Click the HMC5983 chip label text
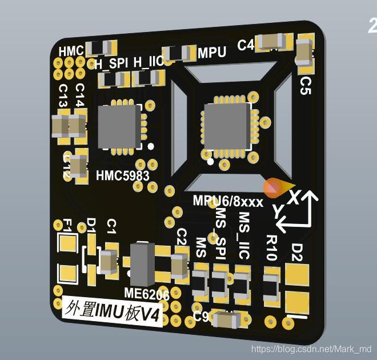pyautogui.click(x=122, y=175)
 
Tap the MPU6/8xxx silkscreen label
pyautogui.click(x=228, y=202)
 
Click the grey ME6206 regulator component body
pyautogui.click(x=142, y=263)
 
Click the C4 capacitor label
pyautogui.click(x=246, y=45)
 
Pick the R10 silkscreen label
pyautogui.click(x=271, y=247)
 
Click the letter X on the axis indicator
pyautogui.click(x=294, y=197)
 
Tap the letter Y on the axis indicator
pyautogui.click(x=278, y=211)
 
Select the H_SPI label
pyautogui.click(x=111, y=63)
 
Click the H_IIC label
pyautogui.click(x=148, y=61)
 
